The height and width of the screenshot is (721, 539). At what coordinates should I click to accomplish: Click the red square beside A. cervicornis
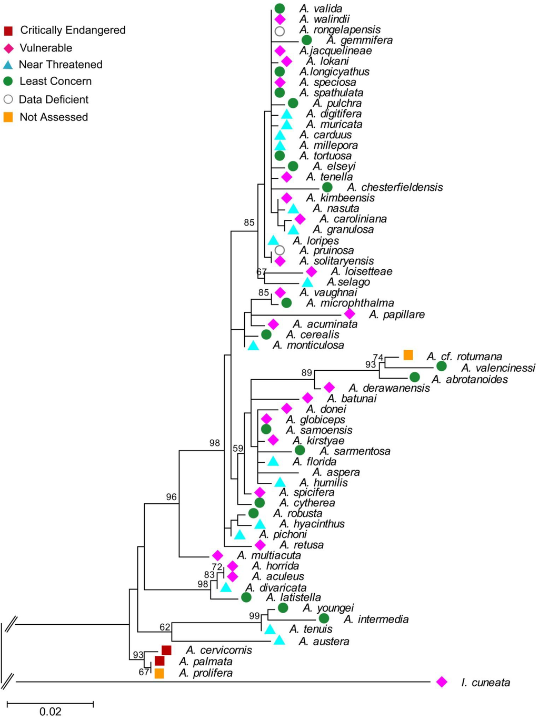(166, 651)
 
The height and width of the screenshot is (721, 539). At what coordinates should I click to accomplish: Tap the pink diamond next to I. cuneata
(442, 682)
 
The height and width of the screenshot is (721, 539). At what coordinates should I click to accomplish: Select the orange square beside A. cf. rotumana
(408, 355)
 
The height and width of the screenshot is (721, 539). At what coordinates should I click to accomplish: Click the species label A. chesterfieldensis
(395, 187)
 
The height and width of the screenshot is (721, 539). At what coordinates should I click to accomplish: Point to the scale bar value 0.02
(51, 712)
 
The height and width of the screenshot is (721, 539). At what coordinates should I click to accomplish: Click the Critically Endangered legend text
(73, 30)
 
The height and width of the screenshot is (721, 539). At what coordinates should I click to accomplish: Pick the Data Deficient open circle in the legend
(8, 99)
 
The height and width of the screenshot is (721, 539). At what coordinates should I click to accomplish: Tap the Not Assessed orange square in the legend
(8, 117)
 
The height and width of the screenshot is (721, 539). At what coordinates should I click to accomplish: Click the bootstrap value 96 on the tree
(171, 497)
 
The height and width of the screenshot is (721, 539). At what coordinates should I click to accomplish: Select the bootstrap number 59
(238, 449)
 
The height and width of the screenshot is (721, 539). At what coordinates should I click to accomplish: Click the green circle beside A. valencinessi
(441, 366)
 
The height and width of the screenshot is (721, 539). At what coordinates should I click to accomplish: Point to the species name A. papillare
(396, 314)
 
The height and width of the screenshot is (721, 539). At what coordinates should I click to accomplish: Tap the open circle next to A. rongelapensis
(280, 31)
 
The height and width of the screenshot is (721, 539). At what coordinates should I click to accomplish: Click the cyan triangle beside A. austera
(280, 640)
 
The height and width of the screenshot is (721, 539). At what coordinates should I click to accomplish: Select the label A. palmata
(205, 662)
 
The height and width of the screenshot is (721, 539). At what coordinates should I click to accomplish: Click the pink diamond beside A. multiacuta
(217, 555)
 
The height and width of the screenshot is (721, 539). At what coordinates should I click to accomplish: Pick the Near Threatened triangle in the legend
(8, 65)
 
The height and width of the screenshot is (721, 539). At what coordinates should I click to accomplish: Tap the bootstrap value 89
(307, 373)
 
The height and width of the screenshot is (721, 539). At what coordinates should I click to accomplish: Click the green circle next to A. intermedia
(324, 618)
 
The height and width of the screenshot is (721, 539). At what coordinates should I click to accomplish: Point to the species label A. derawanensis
(389, 388)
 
